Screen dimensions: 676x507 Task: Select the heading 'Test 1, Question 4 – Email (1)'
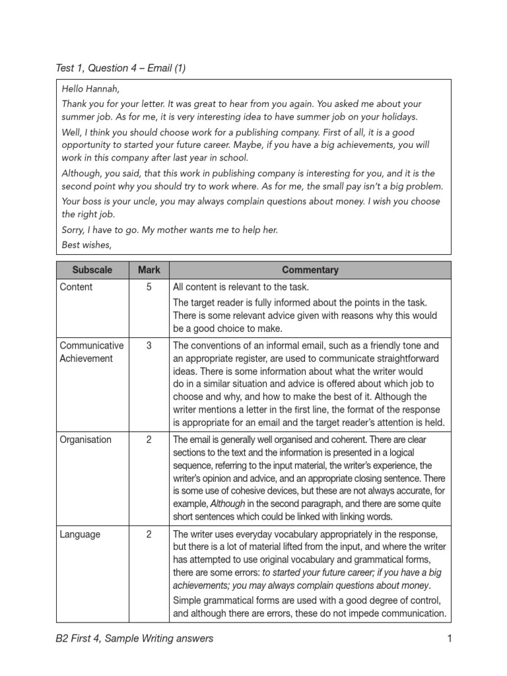121,68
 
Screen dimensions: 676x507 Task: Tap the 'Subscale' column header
92,270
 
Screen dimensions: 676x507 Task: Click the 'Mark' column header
149,270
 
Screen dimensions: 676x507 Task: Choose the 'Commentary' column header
310,270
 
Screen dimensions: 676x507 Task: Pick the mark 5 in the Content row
149,287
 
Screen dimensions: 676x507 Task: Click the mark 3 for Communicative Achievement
149,345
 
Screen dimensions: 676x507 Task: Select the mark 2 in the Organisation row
149,440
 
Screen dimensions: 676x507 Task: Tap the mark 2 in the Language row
149,534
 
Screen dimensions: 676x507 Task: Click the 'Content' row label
76,287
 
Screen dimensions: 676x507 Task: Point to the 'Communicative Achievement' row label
91,352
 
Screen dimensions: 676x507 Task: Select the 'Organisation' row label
85,440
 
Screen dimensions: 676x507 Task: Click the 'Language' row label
80,534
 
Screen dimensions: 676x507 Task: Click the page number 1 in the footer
448,638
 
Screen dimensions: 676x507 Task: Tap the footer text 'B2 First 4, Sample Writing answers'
135,638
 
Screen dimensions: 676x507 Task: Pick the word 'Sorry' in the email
75,230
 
